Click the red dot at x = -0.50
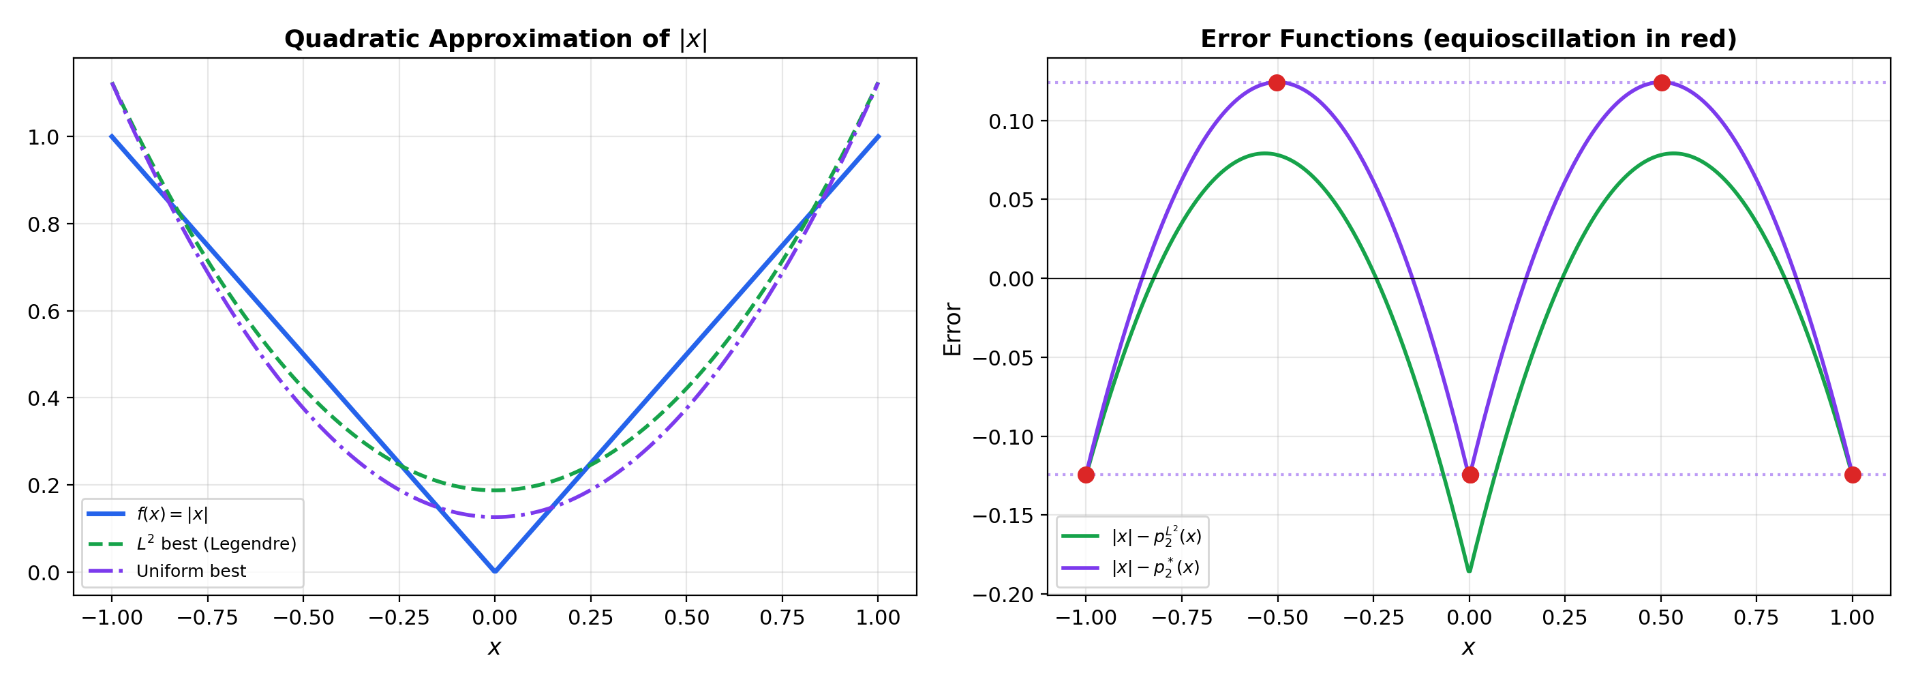[x=1277, y=83]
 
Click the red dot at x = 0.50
[x=1661, y=83]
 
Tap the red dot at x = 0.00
[x=1470, y=475]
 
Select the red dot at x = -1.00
[x=1086, y=475]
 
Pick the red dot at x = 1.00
[x=1853, y=475]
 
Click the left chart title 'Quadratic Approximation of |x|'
[x=495, y=39]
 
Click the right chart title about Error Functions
[x=1468, y=39]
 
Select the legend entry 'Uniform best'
[x=191, y=571]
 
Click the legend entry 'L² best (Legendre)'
[x=216, y=543]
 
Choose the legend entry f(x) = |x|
[x=172, y=514]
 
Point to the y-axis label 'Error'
[x=952, y=329]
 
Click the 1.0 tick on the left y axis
[x=43, y=137]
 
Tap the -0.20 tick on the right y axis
[x=1005, y=595]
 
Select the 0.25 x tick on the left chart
[x=590, y=618]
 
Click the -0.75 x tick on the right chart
[x=1182, y=618]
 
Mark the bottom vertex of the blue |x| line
[x=495, y=571]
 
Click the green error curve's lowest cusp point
[x=1469, y=571]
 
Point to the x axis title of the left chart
[x=494, y=647]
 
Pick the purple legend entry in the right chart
[x=1155, y=567]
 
